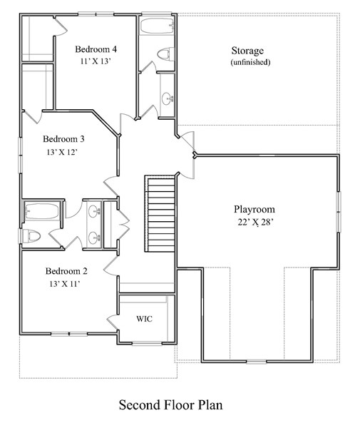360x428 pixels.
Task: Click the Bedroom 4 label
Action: pos(96,49)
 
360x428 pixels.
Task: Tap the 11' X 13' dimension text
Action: pos(96,61)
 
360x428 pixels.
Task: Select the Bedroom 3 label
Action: pos(64,139)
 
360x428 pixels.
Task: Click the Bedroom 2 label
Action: pos(66,271)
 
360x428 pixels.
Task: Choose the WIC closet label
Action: pos(144,318)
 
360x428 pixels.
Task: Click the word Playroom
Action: pos(254,210)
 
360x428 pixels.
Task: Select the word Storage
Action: pos(247,51)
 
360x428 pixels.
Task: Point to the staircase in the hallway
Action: pos(160,212)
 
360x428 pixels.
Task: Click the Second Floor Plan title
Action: pos(170,405)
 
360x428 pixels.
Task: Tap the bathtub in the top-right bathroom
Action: pos(157,28)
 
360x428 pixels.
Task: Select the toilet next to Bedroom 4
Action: pos(164,53)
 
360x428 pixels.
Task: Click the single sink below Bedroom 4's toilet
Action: pos(166,98)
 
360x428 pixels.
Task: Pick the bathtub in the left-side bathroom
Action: pos(40,211)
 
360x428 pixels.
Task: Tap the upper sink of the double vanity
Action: pos(94,211)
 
